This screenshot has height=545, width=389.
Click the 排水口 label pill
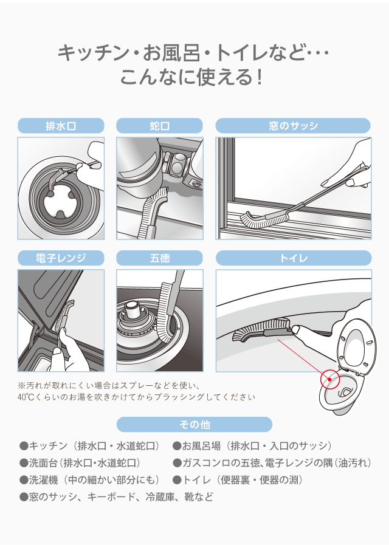click(x=61, y=126)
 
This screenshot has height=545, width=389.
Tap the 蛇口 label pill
click(x=159, y=126)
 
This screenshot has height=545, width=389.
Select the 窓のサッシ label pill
click(x=293, y=126)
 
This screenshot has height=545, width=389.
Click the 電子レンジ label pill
click(x=61, y=258)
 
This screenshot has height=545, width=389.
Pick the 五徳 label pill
click(x=159, y=258)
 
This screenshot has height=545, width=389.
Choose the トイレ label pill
click(x=293, y=258)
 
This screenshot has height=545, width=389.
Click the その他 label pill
click(x=194, y=424)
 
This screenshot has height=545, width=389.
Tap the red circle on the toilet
click(x=329, y=379)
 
